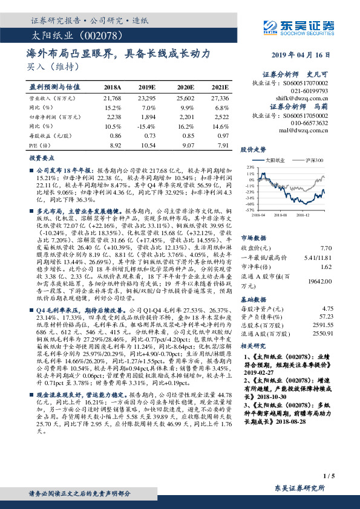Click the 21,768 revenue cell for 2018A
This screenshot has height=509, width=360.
113,98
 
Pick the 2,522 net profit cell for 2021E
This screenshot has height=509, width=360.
220,117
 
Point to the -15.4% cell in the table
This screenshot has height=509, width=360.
146,127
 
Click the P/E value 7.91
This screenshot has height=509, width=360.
223,146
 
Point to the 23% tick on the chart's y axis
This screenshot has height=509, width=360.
249,167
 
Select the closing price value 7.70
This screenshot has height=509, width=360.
326,248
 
